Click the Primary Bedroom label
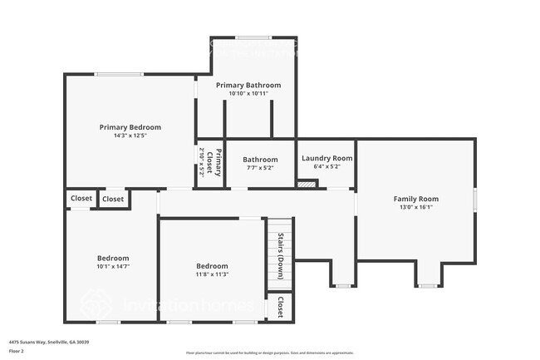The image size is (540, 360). pyautogui.click(x=130, y=127)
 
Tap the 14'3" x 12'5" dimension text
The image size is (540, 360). pyautogui.click(x=130, y=136)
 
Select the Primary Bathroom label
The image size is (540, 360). pyautogui.click(x=248, y=85)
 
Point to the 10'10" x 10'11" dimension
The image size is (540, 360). pyautogui.click(x=248, y=93)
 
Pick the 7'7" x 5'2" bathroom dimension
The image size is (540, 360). pyautogui.click(x=259, y=168)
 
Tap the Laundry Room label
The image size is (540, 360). pyautogui.click(x=326, y=158)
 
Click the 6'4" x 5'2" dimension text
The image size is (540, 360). pyautogui.click(x=326, y=166)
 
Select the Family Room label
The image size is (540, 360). pyautogui.click(x=415, y=199)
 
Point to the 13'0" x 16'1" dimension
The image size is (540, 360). pyautogui.click(x=415, y=207)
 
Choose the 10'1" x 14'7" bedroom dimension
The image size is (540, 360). pyautogui.click(x=113, y=267)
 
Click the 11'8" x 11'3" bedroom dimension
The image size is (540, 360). pyautogui.click(x=212, y=274)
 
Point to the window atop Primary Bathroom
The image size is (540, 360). pyautogui.click(x=247, y=38)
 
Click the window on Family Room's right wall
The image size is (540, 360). pyautogui.click(x=475, y=199)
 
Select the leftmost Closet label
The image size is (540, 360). pyautogui.click(x=81, y=198)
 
